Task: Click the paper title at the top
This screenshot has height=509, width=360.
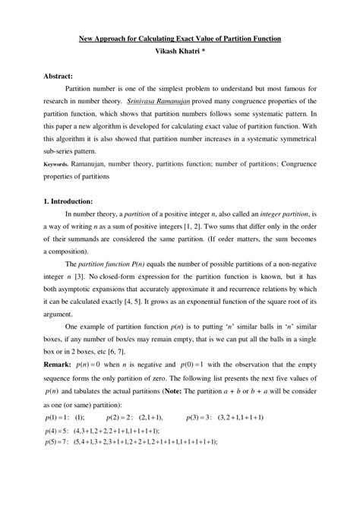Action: point(180,37)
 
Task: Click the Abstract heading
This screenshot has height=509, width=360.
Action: point(58,77)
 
